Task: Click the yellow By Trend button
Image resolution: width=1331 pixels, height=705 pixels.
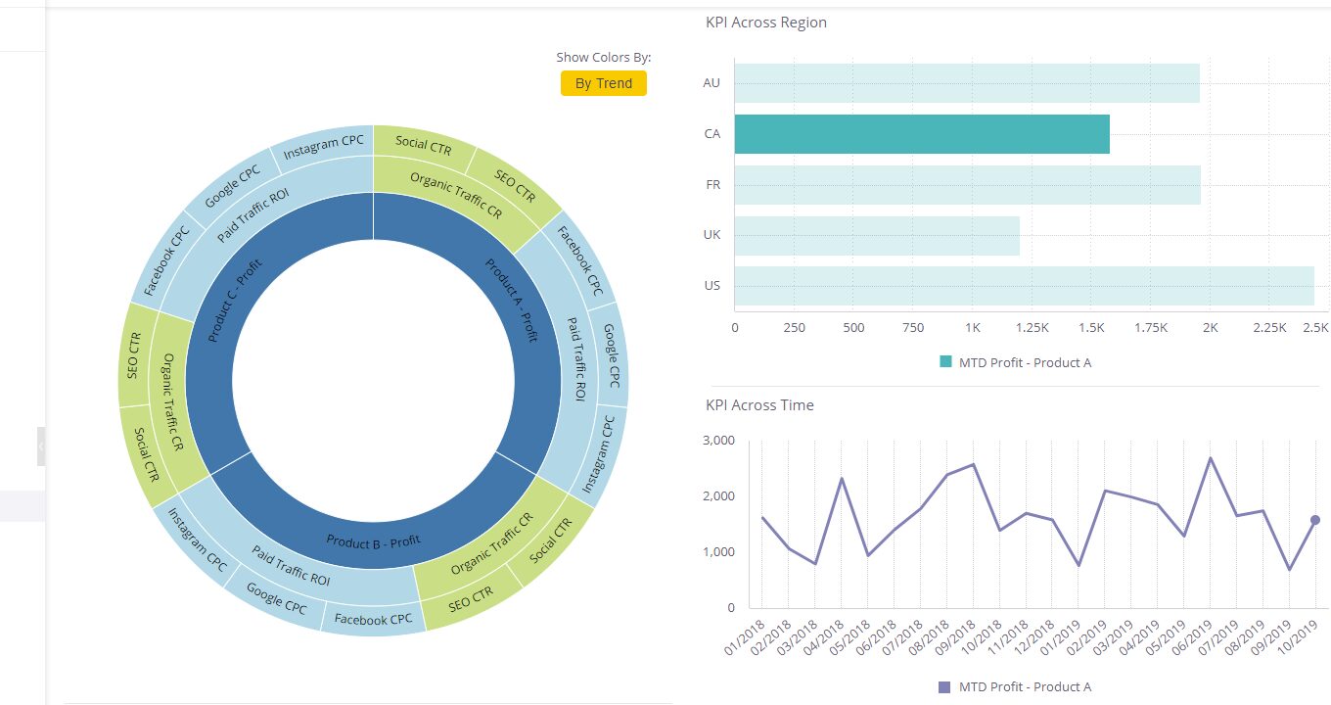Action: click(603, 83)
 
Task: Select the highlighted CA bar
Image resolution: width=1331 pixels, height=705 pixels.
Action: click(921, 134)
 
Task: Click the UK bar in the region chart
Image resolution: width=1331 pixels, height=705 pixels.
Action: click(876, 236)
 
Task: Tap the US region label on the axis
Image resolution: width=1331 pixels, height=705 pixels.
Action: click(711, 286)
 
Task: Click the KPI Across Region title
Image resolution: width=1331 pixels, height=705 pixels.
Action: click(765, 23)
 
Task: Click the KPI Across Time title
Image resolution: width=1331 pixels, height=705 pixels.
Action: click(759, 405)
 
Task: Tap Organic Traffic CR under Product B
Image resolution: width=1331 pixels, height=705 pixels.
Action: click(491, 543)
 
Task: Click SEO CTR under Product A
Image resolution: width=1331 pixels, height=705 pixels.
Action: click(515, 184)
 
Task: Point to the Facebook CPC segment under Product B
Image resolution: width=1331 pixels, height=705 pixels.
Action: click(373, 619)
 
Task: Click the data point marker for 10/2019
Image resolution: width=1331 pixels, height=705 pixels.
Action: click(1315, 520)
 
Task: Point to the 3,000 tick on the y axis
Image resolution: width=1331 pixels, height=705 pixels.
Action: click(718, 441)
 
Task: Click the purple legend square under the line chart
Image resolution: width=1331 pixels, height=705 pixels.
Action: click(944, 687)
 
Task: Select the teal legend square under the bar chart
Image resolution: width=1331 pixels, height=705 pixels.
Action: click(945, 362)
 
